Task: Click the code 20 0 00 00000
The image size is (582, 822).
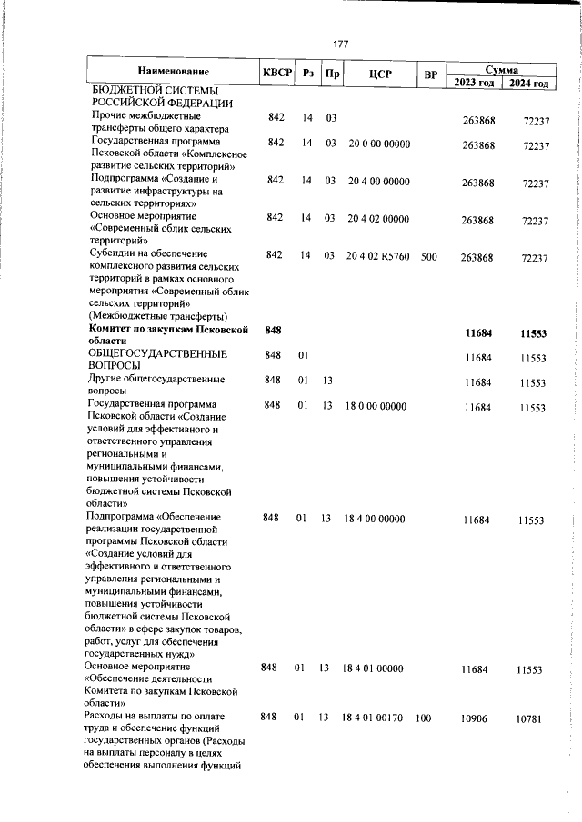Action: tap(378, 144)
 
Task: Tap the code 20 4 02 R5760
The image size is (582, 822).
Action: tap(378, 257)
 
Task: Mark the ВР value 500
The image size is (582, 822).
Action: tap(429, 257)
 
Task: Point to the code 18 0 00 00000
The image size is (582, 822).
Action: tap(375, 405)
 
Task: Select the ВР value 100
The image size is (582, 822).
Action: tap(423, 718)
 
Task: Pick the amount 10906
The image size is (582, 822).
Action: tap(475, 718)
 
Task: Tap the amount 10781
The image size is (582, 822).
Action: tap(528, 718)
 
